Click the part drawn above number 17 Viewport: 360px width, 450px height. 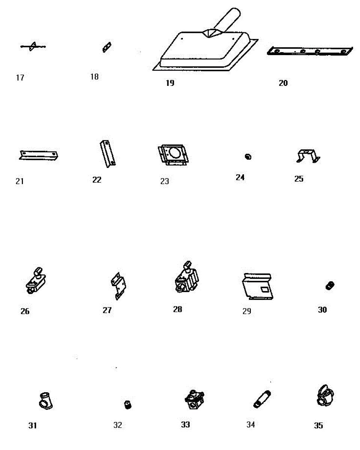coord(33,46)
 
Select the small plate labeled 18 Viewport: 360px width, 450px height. coord(107,47)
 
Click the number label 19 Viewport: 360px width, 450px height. coord(170,83)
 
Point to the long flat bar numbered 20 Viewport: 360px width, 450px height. coord(309,51)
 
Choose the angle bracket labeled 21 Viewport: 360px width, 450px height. coord(38,155)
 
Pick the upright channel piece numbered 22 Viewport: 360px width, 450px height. coord(108,153)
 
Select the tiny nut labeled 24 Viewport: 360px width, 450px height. coord(247,156)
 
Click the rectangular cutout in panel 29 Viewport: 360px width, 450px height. coord(265,289)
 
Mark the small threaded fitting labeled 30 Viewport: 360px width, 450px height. coord(330,285)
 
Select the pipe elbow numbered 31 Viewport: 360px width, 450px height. coord(45,400)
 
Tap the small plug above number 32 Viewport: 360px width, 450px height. coord(128,405)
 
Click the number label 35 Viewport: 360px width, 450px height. coord(318,426)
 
